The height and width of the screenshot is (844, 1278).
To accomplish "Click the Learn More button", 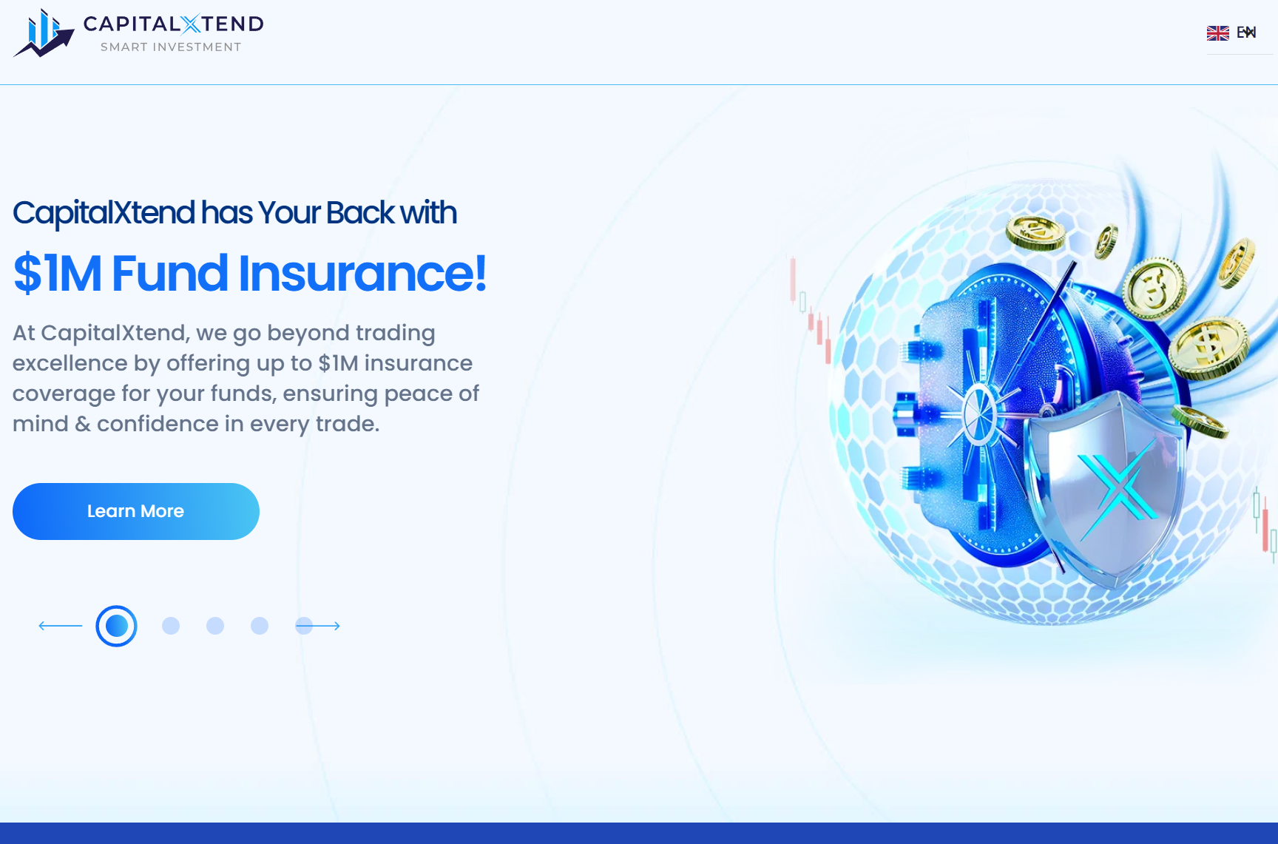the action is [x=136, y=511].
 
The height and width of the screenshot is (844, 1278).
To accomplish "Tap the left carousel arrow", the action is [x=61, y=626].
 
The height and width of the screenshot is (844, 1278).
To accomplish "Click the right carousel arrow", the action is [x=318, y=626].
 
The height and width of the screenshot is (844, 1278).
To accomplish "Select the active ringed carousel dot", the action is [x=116, y=626].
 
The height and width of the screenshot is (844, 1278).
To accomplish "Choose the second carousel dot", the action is [x=171, y=626].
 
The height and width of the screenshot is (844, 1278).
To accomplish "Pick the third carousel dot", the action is [x=215, y=626].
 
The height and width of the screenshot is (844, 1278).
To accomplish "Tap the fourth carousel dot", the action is [x=260, y=626].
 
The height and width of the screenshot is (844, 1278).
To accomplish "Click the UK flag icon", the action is [x=1217, y=33].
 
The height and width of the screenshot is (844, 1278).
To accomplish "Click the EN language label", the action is [x=1246, y=33].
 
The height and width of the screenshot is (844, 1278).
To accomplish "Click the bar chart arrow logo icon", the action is [x=44, y=33].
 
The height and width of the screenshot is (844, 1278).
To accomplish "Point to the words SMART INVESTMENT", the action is [x=171, y=47].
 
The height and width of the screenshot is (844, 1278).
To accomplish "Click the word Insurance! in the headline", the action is [x=362, y=274].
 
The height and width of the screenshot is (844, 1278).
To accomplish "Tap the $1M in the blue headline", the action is [x=58, y=274].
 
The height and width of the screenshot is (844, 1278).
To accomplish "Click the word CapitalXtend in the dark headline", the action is [x=104, y=213].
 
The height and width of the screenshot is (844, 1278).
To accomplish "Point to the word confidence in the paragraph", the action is [x=158, y=424].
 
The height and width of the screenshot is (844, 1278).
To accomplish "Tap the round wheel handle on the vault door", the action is [x=980, y=414].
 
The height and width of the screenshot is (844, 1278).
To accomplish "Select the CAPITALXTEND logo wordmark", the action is [x=174, y=24].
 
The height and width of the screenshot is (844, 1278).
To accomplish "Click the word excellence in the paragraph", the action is [x=70, y=363].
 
